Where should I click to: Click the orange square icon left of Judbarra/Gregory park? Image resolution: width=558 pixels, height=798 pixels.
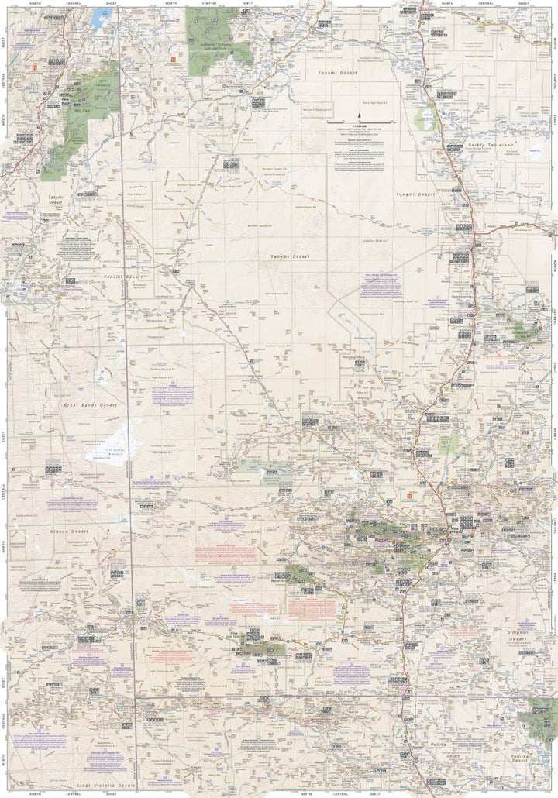tap(174, 56)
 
